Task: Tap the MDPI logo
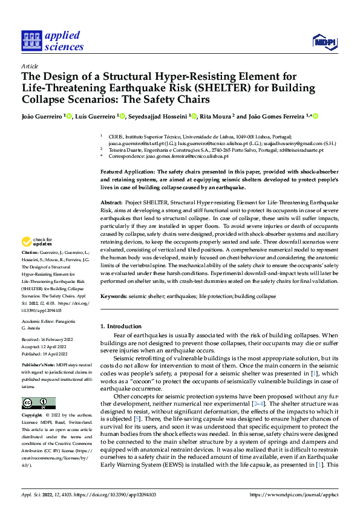tap(324, 41)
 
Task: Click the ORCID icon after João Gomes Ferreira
tap(315, 116)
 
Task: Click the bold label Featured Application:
tap(128, 172)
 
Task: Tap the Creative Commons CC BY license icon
tap(38, 404)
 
